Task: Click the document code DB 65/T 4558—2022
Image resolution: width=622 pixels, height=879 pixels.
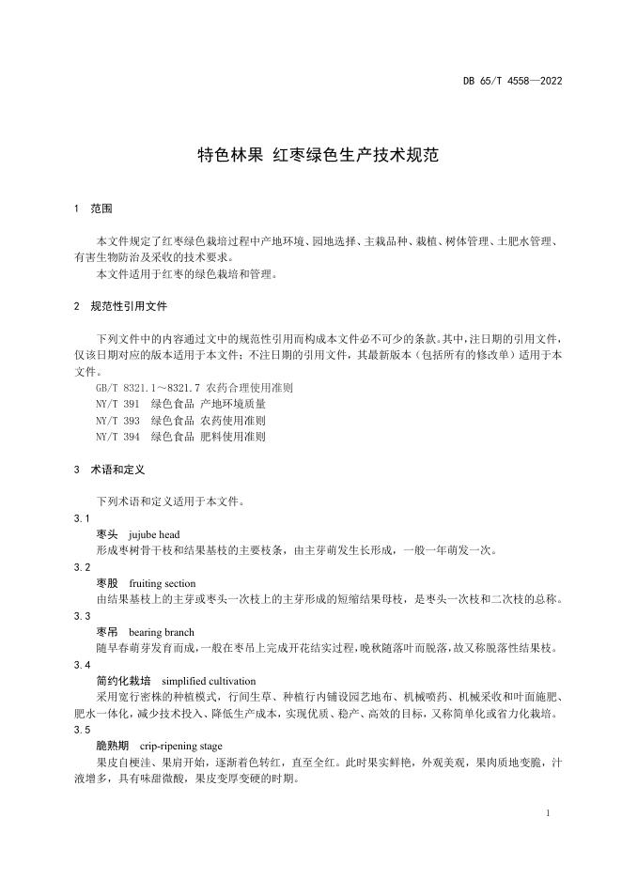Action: [x=512, y=80]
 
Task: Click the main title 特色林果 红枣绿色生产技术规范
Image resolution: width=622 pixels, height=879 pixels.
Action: [x=318, y=156]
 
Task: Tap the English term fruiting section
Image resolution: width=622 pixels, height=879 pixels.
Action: [x=163, y=583]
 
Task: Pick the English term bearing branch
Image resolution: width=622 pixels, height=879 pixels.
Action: [x=161, y=632]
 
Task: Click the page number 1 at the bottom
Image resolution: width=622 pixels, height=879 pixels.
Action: [x=547, y=813]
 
